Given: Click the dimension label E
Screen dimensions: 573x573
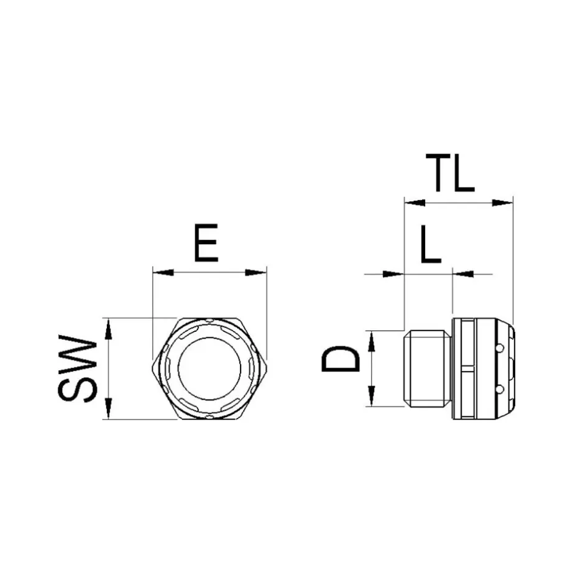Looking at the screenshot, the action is pyautogui.click(x=206, y=243).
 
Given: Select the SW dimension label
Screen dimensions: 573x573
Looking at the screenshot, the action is pyautogui.click(x=78, y=369).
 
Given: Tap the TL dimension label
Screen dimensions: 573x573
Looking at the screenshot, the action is pyautogui.click(x=450, y=173).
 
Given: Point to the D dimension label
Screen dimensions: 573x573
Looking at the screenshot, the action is pyautogui.click(x=341, y=359).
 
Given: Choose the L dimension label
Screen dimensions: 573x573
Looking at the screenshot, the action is pyautogui.click(x=431, y=244).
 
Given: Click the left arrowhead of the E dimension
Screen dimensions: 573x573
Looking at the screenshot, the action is pyautogui.click(x=163, y=272).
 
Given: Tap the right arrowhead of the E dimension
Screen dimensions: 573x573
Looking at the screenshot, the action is pyautogui.click(x=256, y=272).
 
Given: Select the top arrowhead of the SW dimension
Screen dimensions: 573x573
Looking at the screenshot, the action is pyautogui.click(x=108, y=329).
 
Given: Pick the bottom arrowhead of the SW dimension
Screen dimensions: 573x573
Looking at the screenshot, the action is pyautogui.click(x=108, y=409).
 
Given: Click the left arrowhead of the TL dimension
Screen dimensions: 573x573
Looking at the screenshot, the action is pyautogui.click(x=415, y=203).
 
